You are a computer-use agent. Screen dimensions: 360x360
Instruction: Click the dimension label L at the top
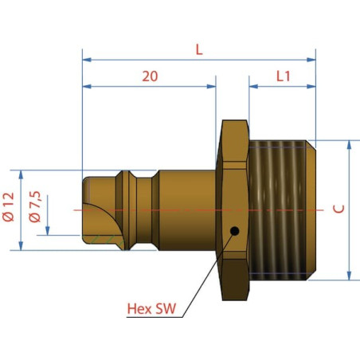pyautogui.click(x=199, y=49)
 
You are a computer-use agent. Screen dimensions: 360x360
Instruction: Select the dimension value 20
pyautogui.click(x=150, y=76)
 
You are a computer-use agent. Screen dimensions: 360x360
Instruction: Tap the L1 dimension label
pyautogui.click(x=284, y=76)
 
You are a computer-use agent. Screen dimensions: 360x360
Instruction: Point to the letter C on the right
pyautogui.click(x=338, y=209)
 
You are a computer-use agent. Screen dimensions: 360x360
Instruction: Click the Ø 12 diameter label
pyautogui.click(x=8, y=207)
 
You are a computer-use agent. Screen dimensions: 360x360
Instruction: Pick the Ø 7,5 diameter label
pyautogui.click(x=35, y=206)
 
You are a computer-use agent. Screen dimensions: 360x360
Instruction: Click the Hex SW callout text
pyautogui.click(x=151, y=308)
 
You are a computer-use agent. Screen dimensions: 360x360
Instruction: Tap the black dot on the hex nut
pyautogui.click(x=234, y=231)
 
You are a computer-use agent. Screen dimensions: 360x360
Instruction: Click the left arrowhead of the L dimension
pyautogui.click(x=87, y=60)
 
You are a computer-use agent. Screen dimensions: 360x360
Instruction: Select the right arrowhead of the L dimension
pyautogui.click(x=311, y=60)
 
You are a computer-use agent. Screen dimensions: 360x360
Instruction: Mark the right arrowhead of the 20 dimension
pyautogui.click(x=211, y=86)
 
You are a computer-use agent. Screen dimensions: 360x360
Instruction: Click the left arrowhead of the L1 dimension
pyautogui.click(x=253, y=86)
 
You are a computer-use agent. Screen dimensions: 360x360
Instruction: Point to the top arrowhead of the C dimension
pyautogui.click(x=350, y=145)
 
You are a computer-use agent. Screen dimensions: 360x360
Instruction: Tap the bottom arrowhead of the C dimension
pyautogui.click(x=350, y=276)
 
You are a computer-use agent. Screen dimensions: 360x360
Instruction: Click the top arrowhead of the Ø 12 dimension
pyautogui.click(x=21, y=175)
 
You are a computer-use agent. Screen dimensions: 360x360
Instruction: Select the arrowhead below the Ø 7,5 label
pyautogui.click(x=48, y=231)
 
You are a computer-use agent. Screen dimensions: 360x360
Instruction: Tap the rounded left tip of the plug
pyautogui.click(x=84, y=209)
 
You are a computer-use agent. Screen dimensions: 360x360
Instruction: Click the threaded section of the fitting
pyautogui.click(x=282, y=210)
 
